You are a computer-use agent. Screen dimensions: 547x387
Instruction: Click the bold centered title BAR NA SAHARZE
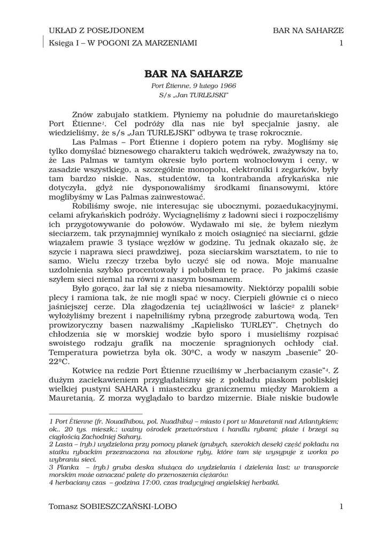(x=193, y=73)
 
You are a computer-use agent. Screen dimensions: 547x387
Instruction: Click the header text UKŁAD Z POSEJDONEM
(x=96, y=30)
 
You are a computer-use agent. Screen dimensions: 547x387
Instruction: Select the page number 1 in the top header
(x=341, y=43)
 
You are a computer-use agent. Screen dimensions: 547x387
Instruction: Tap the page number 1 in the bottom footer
(x=341, y=506)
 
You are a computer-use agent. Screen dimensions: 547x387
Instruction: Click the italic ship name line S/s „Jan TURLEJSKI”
(x=193, y=95)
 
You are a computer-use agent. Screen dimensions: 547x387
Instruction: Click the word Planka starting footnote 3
(x=66, y=466)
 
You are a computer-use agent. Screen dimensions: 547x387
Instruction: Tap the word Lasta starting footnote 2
(x=64, y=444)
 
